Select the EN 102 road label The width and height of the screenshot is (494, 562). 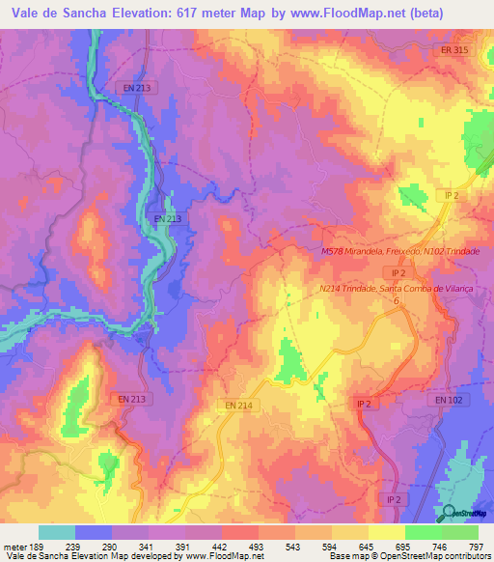(x=449, y=399)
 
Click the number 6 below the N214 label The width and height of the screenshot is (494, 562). (x=395, y=301)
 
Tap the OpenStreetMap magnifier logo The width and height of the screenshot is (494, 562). (x=449, y=513)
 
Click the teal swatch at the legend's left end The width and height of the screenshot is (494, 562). (x=57, y=532)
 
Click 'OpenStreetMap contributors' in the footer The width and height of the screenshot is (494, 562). (x=440, y=556)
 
